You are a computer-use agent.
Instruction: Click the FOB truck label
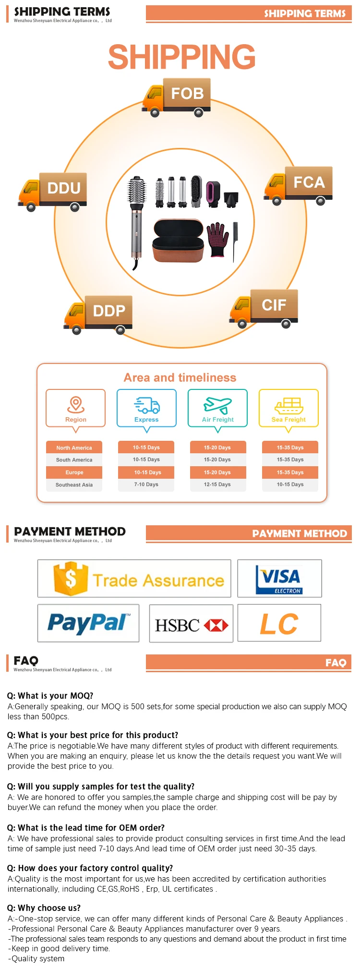pos(187,93)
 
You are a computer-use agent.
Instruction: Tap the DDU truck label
pos(64,188)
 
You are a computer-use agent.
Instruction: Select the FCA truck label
pos(309,182)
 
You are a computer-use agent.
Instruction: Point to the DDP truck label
pos(109,311)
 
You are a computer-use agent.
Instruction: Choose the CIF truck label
pos(274,305)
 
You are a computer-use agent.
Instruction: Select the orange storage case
pos(178,241)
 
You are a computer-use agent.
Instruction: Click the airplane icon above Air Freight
pos(217,405)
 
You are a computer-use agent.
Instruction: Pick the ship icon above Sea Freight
pos(288,405)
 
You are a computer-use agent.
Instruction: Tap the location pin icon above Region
pos(75,404)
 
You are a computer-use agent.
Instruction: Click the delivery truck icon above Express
pos(147,405)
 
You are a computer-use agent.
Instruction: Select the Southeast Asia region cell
pos(74,485)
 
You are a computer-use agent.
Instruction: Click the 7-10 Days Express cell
pos(146,484)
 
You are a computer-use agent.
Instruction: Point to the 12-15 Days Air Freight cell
pos(217,484)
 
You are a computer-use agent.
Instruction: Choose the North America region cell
pos(74,448)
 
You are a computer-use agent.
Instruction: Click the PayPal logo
pos(88,623)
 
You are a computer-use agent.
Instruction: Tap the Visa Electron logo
pos(280,579)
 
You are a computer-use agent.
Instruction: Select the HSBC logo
pos(191,625)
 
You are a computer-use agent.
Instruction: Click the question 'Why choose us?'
pos(44,908)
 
